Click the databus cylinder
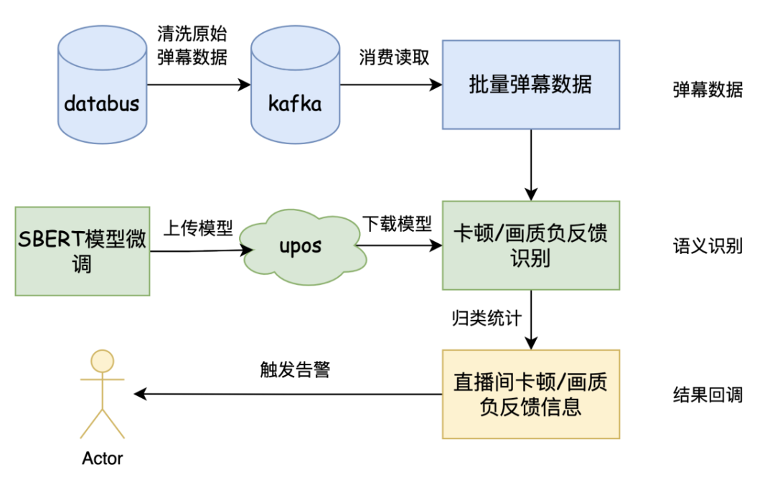(103, 85)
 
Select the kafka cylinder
(295, 85)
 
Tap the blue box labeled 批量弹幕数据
(531, 85)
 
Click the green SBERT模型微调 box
(83, 251)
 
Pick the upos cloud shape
(303, 248)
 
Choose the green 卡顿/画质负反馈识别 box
(531, 245)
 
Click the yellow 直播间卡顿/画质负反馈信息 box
(531, 394)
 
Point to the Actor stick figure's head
(103, 361)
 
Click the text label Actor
(103, 458)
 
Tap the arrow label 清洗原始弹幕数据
(192, 45)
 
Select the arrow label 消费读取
(394, 57)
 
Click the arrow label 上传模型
(198, 228)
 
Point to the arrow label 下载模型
(397, 224)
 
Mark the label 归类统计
(487, 318)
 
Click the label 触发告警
(295, 369)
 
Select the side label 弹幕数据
(708, 90)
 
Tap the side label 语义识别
(708, 245)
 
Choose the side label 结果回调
(708, 395)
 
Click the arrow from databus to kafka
(199, 85)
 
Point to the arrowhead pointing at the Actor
(140, 394)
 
